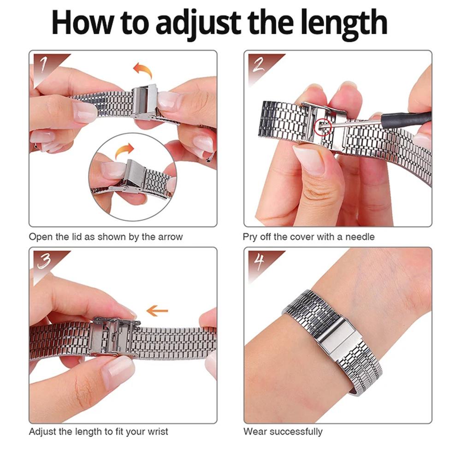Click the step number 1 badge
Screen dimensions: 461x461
[x=45, y=64]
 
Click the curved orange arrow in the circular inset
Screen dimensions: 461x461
[x=124, y=151]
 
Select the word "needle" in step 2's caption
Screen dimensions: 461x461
[x=359, y=237]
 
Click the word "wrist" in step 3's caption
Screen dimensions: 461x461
[x=157, y=432]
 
